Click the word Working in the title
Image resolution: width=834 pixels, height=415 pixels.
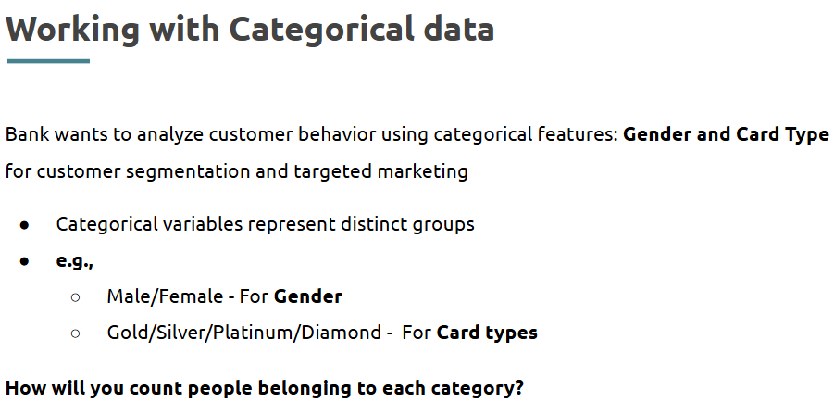(x=72, y=30)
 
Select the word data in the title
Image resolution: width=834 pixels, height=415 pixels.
(x=459, y=29)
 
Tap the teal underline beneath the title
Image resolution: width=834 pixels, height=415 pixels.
(x=48, y=61)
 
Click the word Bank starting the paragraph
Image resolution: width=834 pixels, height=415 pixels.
(x=27, y=134)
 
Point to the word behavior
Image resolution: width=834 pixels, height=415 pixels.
(x=337, y=134)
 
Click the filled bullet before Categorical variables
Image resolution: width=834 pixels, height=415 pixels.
(x=24, y=225)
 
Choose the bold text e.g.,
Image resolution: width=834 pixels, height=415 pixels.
(x=74, y=260)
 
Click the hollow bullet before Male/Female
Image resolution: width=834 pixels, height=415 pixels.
(x=75, y=297)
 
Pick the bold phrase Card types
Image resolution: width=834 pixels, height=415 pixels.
(x=487, y=333)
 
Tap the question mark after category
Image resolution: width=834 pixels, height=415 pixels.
(x=519, y=388)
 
